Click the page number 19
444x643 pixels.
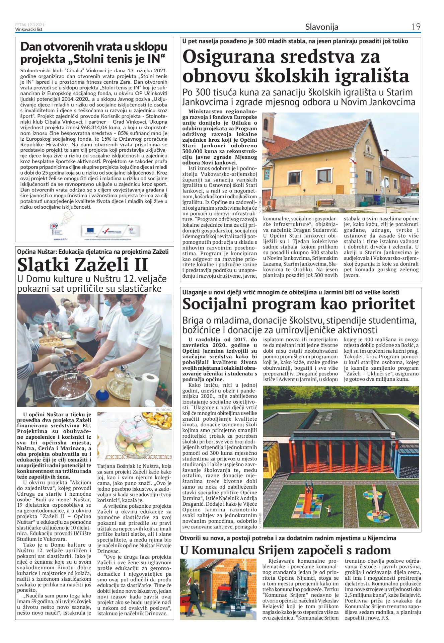click(416, 27)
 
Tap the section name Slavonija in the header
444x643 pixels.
click(321, 27)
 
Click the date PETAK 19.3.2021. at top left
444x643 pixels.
click(30, 25)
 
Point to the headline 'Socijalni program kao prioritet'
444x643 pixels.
click(298, 304)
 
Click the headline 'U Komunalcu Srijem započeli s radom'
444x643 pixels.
click(285, 550)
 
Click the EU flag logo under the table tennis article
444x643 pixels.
click(90, 229)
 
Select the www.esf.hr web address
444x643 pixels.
click(60, 239)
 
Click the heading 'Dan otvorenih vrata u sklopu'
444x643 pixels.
click(94, 47)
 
